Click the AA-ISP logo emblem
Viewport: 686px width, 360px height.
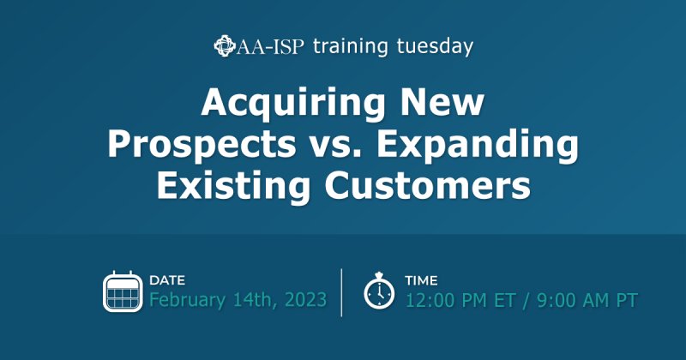(225, 45)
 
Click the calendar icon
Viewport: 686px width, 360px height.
(122, 291)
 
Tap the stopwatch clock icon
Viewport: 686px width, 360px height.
(378, 291)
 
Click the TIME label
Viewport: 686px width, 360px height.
(421, 280)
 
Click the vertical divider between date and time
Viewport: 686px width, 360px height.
(342, 291)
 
